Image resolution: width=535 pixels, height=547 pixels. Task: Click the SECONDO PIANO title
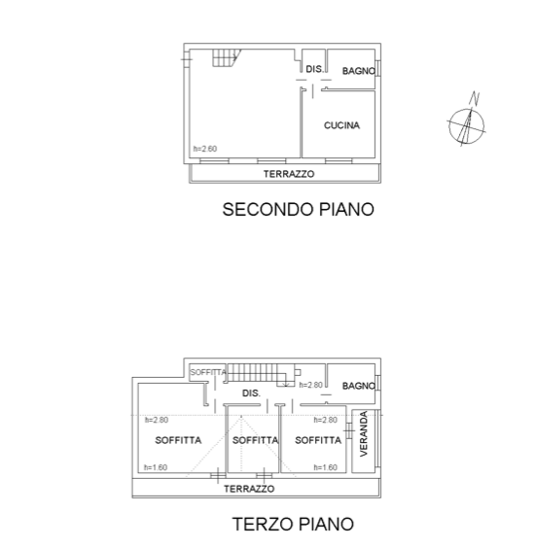click(x=299, y=209)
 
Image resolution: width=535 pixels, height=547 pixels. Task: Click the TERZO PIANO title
click(x=293, y=524)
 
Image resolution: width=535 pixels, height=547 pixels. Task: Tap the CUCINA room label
click(x=341, y=125)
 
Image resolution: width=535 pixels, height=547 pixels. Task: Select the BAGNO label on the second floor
click(x=359, y=71)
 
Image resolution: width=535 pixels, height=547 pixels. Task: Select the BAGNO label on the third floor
click(x=359, y=386)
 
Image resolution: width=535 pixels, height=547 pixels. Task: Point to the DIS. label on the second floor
click(x=315, y=69)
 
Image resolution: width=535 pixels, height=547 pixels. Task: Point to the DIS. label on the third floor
click(x=251, y=393)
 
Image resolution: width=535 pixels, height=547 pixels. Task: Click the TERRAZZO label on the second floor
click(x=289, y=174)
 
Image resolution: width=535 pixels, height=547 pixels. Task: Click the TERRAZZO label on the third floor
click(x=249, y=489)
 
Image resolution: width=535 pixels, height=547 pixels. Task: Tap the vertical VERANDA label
click(x=364, y=433)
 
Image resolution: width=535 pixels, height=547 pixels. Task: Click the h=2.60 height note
click(x=205, y=149)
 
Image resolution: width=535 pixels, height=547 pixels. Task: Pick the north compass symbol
click(x=467, y=126)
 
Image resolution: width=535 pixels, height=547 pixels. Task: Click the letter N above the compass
click(x=475, y=98)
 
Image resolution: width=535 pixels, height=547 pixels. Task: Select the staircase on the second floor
click(x=227, y=57)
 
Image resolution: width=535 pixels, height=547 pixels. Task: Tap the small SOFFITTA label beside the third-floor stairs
click(x=208, y=372)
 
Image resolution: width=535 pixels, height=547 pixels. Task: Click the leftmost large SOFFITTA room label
click(x=178, y=440)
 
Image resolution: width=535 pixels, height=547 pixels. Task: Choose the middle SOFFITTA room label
click(x=255, y=440)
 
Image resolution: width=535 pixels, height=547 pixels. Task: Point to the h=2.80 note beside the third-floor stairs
click(x=311, y=385)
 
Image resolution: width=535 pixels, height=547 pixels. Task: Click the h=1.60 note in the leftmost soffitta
click(x=156, y=467)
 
